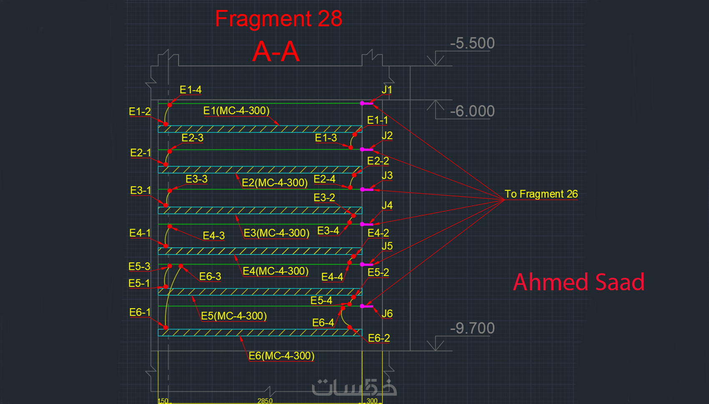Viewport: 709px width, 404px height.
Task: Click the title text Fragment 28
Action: coord(279,19)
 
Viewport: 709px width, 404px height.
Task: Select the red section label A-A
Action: coord(276,52)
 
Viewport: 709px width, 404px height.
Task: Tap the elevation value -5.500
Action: coord(472,43)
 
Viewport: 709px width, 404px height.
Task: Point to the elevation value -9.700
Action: coord(472,328)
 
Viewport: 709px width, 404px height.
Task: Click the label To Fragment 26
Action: coord(541,194)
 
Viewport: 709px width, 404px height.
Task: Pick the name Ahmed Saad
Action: coord(578,282)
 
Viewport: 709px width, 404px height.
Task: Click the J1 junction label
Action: coord(387,90)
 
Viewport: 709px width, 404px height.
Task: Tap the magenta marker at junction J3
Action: coord(367,190)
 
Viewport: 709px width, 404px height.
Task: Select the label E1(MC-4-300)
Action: coord(236,111)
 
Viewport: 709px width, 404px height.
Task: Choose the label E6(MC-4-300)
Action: coord(282,356)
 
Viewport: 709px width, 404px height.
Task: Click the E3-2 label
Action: coord(324,197)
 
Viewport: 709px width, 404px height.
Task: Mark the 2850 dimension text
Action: coord(265,401)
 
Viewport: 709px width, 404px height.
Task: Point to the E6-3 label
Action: coord(210,276)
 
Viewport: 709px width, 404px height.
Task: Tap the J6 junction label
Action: coord(387,314)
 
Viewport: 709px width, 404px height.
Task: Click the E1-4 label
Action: coord(191,90)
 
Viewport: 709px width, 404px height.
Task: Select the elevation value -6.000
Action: coord(472,111)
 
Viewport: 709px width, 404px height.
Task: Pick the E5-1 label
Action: coord(139,283)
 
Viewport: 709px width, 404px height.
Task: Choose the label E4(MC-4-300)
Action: coord(275,271)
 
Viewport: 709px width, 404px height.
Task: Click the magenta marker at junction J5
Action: coord(367,264)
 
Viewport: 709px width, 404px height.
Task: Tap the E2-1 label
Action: coord(141,153)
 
